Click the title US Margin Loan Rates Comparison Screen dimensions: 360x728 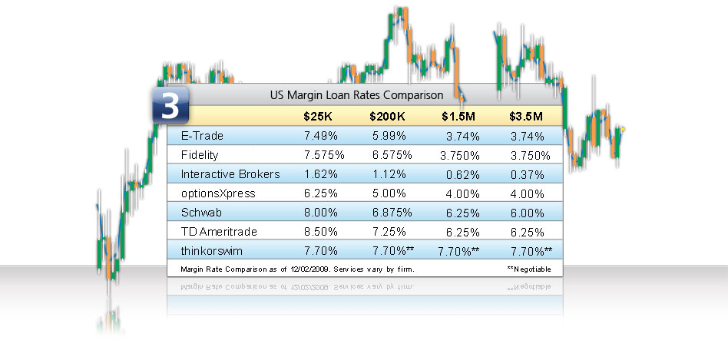click(356, 95)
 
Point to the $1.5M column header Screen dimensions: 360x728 click(460, 117)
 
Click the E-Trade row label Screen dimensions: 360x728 click(202, 136)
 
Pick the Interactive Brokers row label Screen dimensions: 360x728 click(230, 174)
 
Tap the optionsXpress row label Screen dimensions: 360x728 click(218, 193)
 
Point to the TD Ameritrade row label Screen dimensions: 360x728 click(218, 232)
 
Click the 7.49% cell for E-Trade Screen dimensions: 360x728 click(316, 136)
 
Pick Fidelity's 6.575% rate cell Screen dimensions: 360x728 click(385, 155)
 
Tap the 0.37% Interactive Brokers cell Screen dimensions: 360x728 click(526, 174)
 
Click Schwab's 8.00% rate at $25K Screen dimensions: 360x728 click(316, 213)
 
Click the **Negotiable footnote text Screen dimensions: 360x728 click(530, 269)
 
